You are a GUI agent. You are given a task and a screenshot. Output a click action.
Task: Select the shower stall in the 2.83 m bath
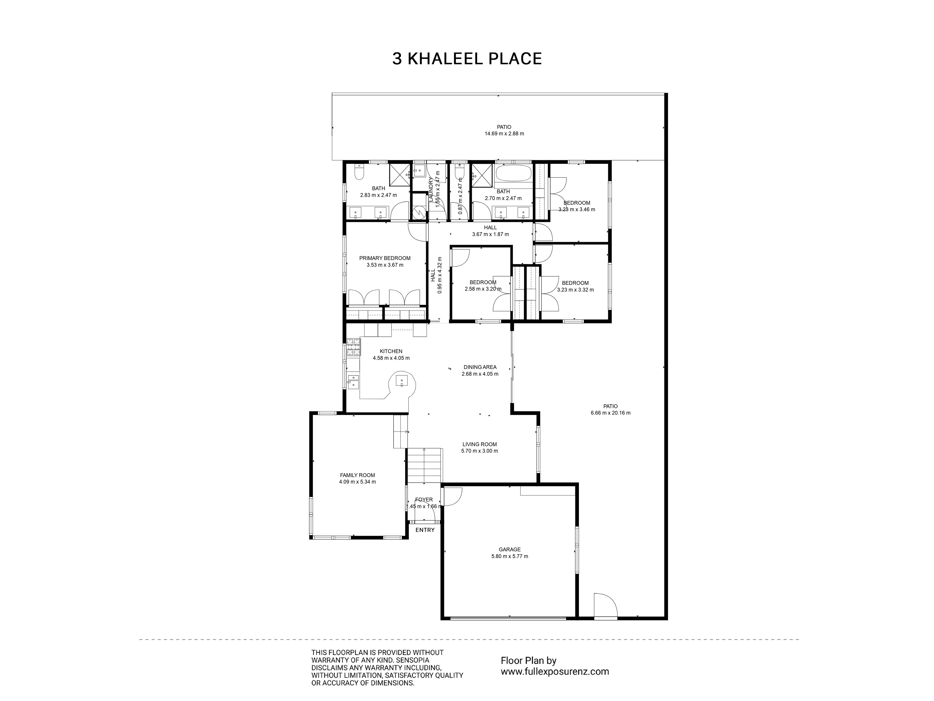point(400,175)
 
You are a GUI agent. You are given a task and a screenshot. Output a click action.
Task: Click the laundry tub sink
point(419,171)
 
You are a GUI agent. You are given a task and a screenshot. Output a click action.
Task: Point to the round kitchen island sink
point(402,382)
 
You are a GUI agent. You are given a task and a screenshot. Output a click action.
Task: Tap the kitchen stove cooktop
point(354,347)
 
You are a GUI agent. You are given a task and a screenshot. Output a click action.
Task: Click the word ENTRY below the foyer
point(425,530)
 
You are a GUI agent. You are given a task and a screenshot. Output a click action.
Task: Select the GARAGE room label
point(510,549)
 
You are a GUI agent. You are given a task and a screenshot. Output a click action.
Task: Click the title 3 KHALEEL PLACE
point(467,59)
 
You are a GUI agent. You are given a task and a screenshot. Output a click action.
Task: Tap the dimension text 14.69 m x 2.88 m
point(504,133)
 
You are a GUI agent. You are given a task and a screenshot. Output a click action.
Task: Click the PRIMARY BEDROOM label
point(385,258)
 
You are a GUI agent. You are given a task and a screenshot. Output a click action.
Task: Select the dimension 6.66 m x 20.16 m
point(611,413)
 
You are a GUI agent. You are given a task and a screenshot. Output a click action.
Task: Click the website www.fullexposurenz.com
point(555,671)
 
